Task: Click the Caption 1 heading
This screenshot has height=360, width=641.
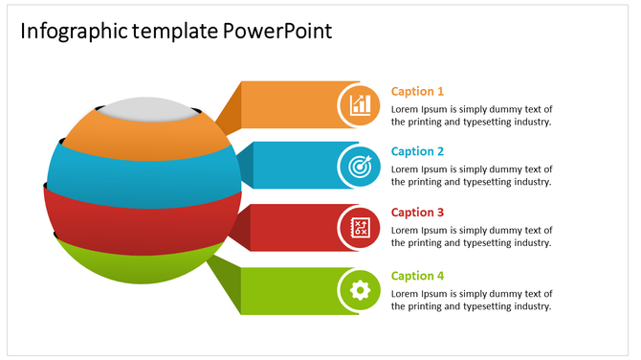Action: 417,92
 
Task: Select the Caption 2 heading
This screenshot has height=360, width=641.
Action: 417,151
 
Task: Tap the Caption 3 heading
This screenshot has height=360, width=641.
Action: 417,213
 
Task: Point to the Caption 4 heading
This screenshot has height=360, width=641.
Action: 417,276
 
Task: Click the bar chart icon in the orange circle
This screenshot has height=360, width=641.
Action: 361,103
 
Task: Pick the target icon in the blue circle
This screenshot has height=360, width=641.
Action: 361,166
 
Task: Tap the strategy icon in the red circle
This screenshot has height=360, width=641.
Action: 361,228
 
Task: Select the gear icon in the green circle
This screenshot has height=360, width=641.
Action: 361,290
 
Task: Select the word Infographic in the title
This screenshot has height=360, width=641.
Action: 73,31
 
